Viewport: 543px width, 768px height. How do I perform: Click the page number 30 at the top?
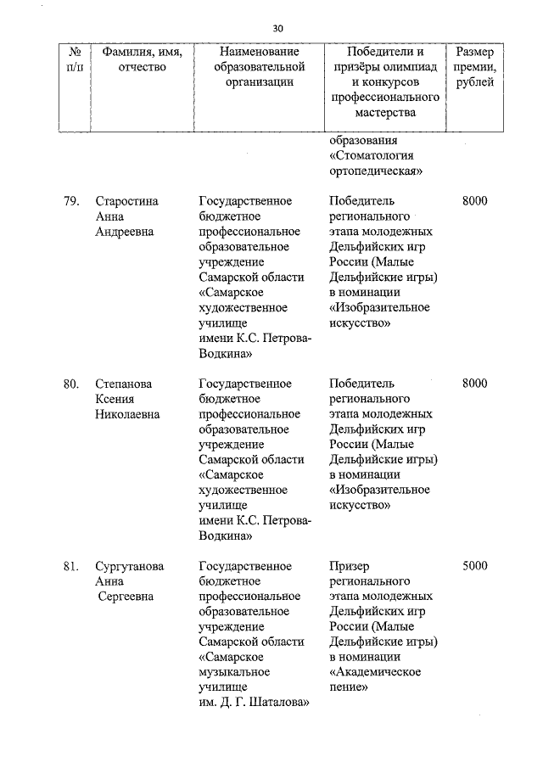pyautogui.click(x=277, y=28)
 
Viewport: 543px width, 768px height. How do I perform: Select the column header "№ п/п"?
pyautogui.click(x=74, y=59)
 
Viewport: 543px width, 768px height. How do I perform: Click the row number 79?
pyautogui.click(x=71, y=201)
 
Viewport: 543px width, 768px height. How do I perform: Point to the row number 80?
pyautogui.click(x=71, y=384)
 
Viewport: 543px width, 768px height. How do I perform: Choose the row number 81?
pyautogui.click(x=71, y=566)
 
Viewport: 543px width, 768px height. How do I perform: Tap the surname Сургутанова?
pyautogui.click(x=130, y=566)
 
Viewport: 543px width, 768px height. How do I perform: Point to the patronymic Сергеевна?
pyautogui.click(x=126, y=597)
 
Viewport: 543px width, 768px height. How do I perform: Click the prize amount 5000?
pyautogui.click(x=474, y=566)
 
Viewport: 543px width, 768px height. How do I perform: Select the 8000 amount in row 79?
pyautogui.click(x=474, y=201)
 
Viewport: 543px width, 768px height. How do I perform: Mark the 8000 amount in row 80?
pyautogui.click(x=474, y=384)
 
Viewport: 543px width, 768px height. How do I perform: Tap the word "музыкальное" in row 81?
pyautogui.click(x=235, y=672)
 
